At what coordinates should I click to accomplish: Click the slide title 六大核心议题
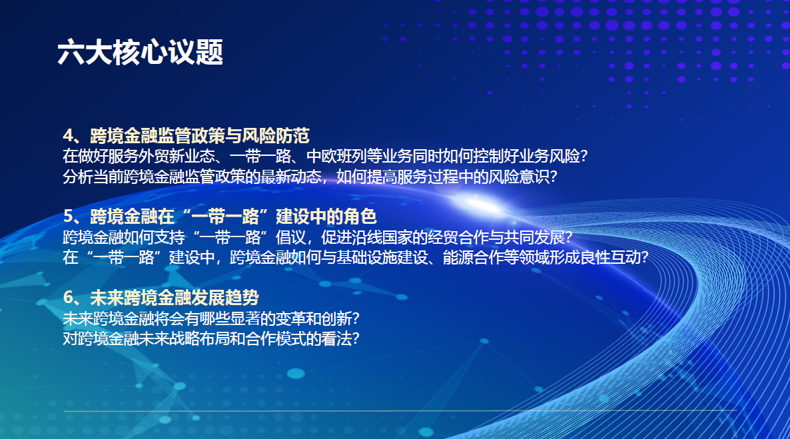coord(140,53)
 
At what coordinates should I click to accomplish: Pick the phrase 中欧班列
coord(336,157)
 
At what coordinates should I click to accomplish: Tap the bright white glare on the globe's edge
coord(476,204)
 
